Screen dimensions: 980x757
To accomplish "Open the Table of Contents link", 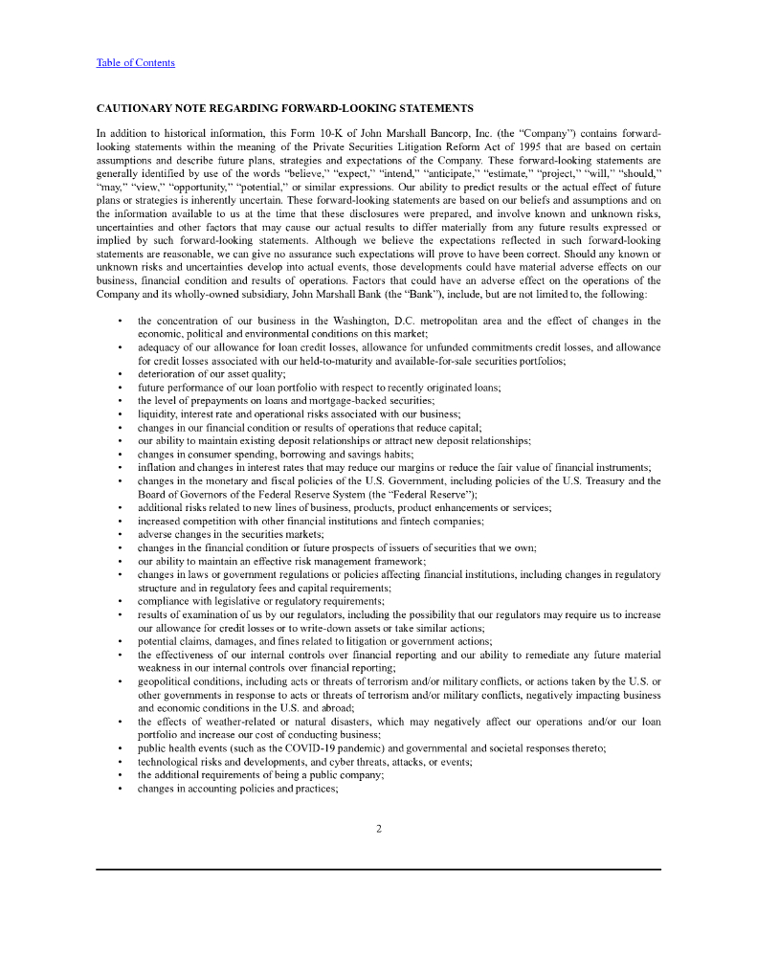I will (135, 63).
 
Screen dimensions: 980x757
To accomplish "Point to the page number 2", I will (379, 829).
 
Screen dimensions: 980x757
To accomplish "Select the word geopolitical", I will (168, 681).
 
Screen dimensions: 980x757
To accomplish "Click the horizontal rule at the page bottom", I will (378, 869).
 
